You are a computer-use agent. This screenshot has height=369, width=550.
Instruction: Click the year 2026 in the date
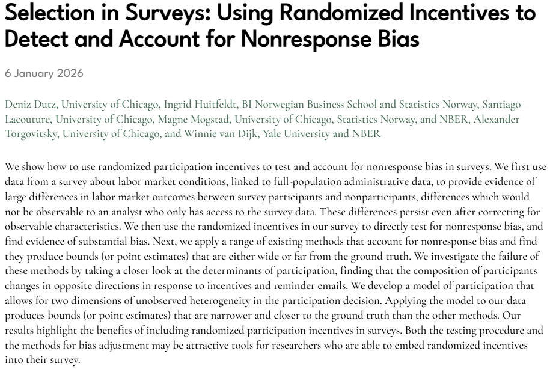click(70, 74)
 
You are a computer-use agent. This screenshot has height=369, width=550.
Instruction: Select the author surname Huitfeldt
click(202, 105)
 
